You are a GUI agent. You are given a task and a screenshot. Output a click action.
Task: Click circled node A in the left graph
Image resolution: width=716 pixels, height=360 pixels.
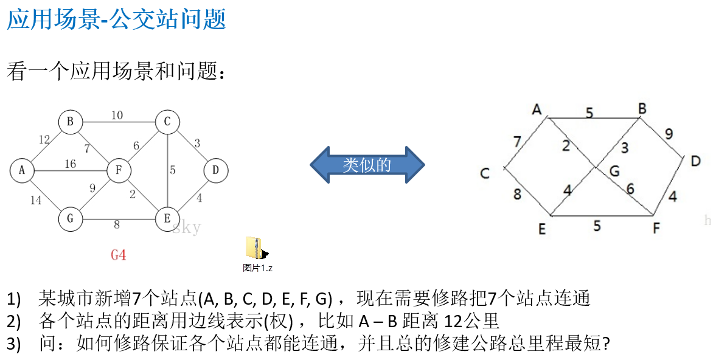click(22, 171)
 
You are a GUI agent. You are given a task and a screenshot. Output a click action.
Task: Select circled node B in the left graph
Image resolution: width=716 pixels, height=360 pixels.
click(71, 122)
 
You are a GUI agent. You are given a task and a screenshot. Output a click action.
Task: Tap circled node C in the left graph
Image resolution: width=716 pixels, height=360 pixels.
click(167, 122)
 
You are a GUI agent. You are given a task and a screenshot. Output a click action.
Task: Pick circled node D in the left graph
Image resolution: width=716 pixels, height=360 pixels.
click(215, 171)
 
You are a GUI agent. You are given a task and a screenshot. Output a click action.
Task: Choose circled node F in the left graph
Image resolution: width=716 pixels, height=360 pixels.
click(119, 171)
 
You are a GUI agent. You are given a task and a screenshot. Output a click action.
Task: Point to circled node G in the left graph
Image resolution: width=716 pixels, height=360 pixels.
click(71, 219)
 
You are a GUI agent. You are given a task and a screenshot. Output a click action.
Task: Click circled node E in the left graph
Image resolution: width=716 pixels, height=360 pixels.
click(167, 219)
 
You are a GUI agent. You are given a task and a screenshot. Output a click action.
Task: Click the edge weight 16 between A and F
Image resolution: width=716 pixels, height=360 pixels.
click(70, 164)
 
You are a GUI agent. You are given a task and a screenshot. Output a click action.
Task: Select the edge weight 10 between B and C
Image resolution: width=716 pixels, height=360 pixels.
click(117, 115)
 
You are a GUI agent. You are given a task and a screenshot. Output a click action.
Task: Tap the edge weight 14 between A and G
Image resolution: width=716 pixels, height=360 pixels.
click(36, 199)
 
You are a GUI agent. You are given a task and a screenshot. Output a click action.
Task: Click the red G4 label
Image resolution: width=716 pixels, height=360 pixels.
click(119, 255)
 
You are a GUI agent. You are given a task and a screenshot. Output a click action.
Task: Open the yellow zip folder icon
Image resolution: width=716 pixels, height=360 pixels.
click(254, 248)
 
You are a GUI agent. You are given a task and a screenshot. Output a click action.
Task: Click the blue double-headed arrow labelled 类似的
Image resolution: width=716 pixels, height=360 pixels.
click(367, 164)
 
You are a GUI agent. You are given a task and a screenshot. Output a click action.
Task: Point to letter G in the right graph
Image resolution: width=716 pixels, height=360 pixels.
click(614, 171)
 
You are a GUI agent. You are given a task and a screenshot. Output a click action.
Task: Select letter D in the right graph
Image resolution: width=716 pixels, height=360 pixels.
click(695, 161)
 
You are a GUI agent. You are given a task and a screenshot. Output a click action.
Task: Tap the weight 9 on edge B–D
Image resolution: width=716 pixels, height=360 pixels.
click(669, 134)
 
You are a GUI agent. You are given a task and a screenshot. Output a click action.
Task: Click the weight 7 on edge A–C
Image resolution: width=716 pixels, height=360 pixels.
click(516, 142)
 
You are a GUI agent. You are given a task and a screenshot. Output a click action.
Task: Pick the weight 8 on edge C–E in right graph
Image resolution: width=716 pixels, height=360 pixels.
click(517, 195)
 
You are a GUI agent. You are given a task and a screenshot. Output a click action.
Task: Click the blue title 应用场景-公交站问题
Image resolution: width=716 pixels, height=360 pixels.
click(116, 19)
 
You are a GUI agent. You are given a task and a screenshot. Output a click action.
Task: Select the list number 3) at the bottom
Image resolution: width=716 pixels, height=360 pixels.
click(14, 344)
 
